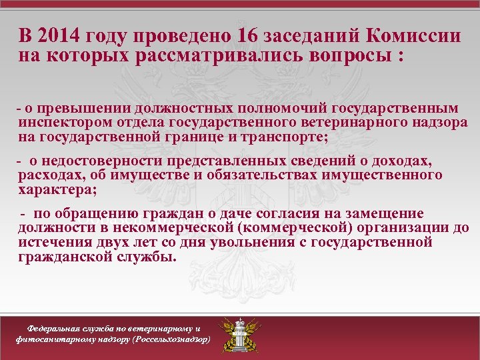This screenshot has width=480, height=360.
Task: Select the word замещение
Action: [391, 213]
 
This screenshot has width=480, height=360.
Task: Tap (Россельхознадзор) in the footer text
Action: [171, 339]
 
